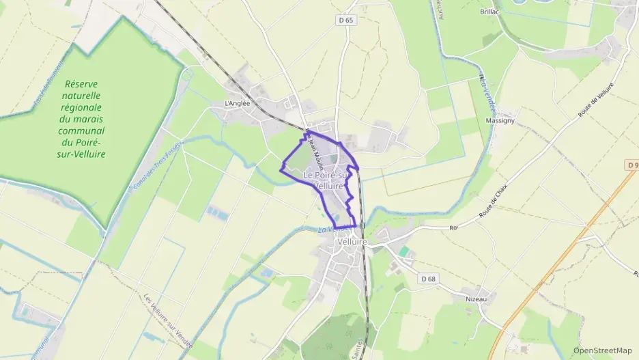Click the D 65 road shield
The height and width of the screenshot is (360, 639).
pyautogui.click(x=346, y=20)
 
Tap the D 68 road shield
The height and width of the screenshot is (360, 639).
pyautogui.click(x=428, y=279)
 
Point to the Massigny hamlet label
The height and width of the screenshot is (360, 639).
pyautogui.click(x=500, y=120)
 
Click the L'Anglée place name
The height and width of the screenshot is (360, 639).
pyautogui.click(x=238, y=104)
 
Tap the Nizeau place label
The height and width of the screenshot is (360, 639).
pyautogui.click(x=476, y=299)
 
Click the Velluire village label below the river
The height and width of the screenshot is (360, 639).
pyautogui.click(x=352, y=242)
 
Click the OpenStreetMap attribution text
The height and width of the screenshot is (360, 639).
pyautogui.click(x=602, y=350)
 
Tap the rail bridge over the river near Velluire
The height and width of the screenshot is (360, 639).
pyautogui.click(x=363, y=225)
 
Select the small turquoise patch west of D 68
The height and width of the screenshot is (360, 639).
pyautogui.click(x=405, y=251)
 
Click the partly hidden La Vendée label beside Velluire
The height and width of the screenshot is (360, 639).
pyautogui.click(x=326, y=230)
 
